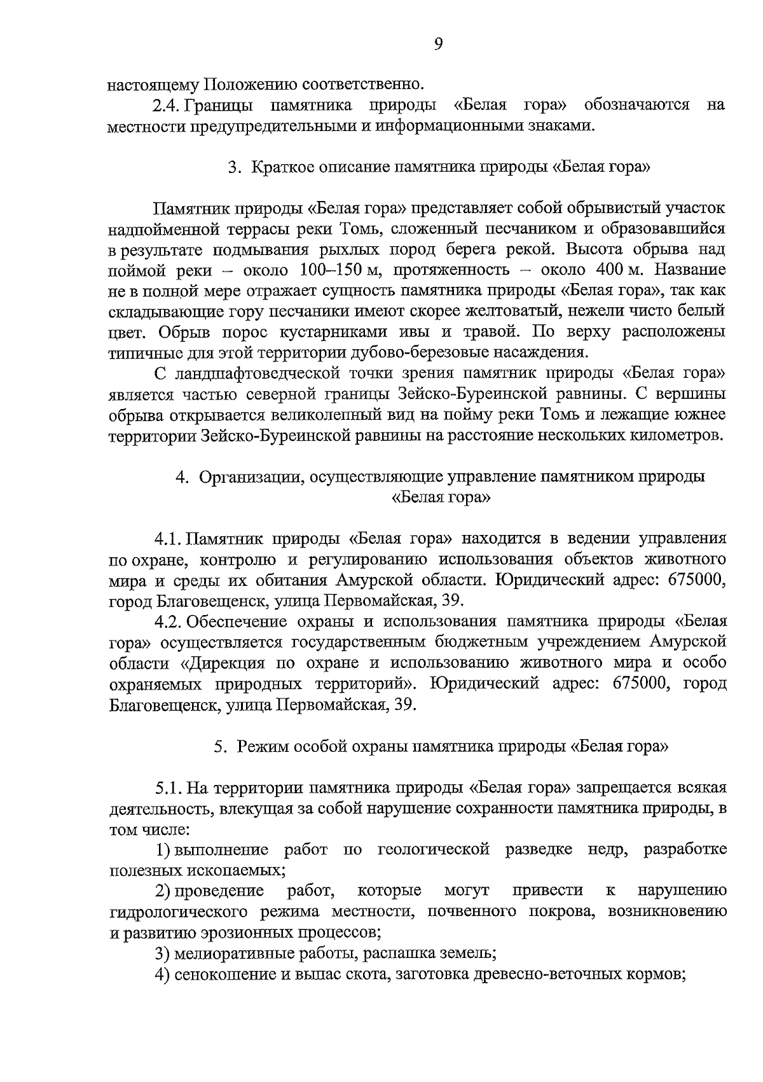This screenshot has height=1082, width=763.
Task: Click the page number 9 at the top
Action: tap(437, 43)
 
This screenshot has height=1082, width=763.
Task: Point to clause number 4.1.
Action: tap(168, 539)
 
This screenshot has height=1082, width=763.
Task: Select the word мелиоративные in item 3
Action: tap(226, 954)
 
